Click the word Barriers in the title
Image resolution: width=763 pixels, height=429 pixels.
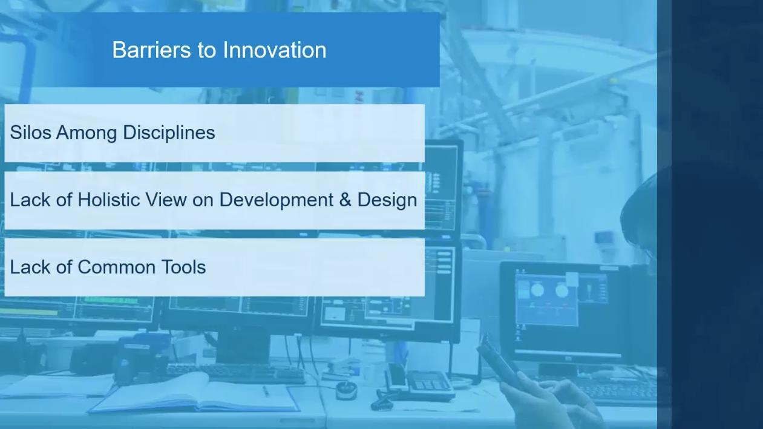pyautogui.click(x=152, y=50)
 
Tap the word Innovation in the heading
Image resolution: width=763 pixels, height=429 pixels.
pyautogui.click(x=275, y=50)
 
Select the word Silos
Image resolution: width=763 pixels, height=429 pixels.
pyautogui.click(x=31, y=133)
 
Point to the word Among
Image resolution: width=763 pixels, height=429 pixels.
pyautogui.click(x=87, y=133)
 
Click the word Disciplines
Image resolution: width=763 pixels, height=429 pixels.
pyautogui.click(x=169, y=133)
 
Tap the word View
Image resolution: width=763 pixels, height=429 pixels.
pyautogui.click(x=166, y=199)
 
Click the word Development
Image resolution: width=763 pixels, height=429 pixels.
pyautogui.click(x=277, y=200)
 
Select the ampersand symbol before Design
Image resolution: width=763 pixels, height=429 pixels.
pyautogui.click(x=345, y=200)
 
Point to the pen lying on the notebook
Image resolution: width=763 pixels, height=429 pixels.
pyautogui.click(x=266, y=391)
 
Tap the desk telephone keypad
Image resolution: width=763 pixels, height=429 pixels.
pyautogui.click(x=430, y=384)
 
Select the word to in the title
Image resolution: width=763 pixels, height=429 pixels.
pyautogui.click(x=207, y=50)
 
